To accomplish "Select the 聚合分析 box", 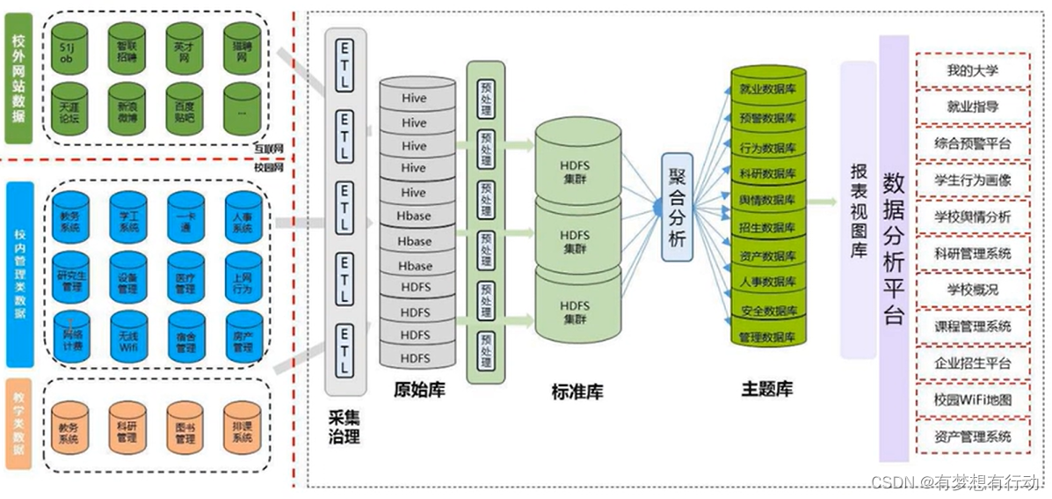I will (679, 206).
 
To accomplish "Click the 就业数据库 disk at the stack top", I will (768, 88).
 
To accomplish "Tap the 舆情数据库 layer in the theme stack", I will (768, 201).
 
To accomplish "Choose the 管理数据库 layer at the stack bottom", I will (768, 336).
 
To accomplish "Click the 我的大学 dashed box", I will (973, 70).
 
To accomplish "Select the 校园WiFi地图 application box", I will (973, 400).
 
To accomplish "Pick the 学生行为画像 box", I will (973, 180).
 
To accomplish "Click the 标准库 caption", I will (578, 392).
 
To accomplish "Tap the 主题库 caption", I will (767, 388).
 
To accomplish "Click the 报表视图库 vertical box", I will (858, 209).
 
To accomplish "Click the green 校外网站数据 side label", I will (18, 78).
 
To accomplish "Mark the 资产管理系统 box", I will (973, 437).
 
